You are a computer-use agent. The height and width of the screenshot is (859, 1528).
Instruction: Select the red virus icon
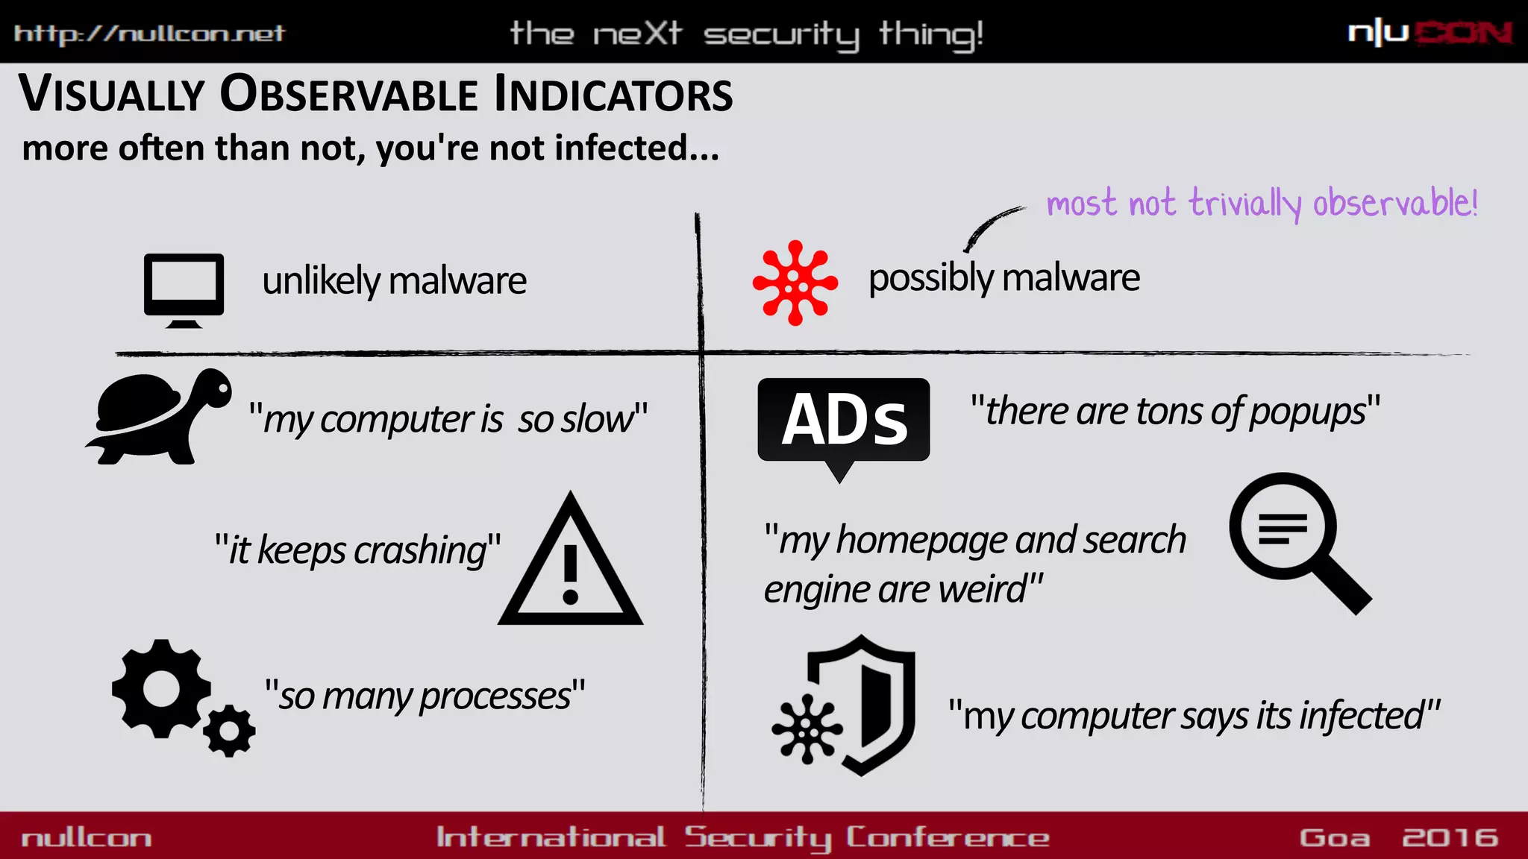[x=795, y=283]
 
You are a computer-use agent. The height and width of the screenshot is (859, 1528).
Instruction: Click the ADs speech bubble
[x=843, y=421]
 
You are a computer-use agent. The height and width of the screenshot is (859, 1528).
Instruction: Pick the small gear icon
[x=229, y=731]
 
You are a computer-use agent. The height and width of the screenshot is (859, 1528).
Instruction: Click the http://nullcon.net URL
[x=149, y=34]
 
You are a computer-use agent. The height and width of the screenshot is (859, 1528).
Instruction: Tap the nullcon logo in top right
[x=1429, y=33]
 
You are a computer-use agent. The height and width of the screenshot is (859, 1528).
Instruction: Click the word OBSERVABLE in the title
[x=348, y=95]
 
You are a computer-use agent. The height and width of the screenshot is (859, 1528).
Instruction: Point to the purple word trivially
[x=1244, y=204]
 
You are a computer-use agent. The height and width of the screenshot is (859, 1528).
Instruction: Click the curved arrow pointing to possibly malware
[x=992, y=227]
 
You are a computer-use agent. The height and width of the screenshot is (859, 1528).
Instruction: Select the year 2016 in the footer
[x=1450, y=837]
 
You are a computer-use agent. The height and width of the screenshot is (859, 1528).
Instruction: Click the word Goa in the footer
[x=1334, y=837]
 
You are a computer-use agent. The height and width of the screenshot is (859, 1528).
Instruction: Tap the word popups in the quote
[x=1308, y=412]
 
